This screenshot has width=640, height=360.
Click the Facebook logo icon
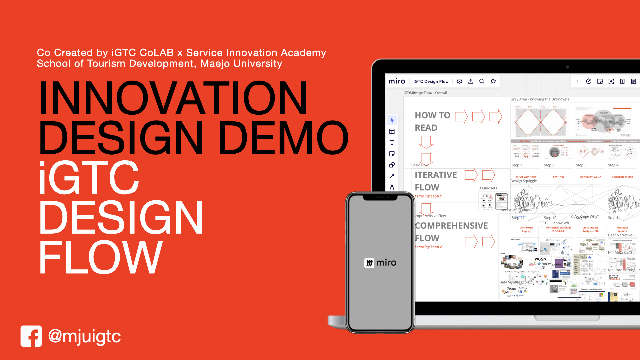tap(31, 336)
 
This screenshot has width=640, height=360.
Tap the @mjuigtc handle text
tap(84, 336)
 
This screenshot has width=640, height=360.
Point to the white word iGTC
tap(89, 177)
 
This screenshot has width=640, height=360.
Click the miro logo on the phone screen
tap(380, 263)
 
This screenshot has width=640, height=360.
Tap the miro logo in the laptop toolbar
tap(397, 81)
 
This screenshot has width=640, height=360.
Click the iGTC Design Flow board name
tap(431, 81)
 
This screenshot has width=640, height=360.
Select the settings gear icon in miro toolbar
tap(459, 81)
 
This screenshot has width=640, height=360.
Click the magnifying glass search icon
tap(482, 81)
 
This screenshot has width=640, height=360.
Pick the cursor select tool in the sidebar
tap(392, 120)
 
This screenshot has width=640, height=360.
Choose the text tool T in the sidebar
tap(392, 143)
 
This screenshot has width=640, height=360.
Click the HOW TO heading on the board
tap(432, 115)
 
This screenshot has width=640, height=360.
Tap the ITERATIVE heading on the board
tap(436, 175)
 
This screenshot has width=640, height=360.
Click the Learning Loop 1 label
tap(428, 196)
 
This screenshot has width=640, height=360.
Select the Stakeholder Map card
tap(622, 177)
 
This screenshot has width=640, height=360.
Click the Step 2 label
tap(549, 165)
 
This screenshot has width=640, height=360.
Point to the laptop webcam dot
tap(567, 67)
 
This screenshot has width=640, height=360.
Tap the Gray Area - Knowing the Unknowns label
tap(540, 99)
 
